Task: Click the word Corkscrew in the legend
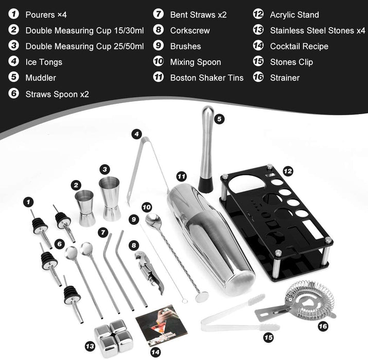coord(190,30)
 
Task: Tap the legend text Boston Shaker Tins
coord(207,78)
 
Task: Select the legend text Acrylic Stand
coord(294,15)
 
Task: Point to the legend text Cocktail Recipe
coord(299,46)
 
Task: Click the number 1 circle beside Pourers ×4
coord(14,15)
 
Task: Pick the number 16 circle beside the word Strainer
coord(258,78)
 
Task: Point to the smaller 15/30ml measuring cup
coord(85,207)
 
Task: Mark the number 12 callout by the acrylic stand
coord(288,170)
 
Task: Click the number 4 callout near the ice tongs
coord(136,134)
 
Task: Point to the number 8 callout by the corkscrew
coord(134,245)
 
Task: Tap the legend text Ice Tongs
coord(44,62)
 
